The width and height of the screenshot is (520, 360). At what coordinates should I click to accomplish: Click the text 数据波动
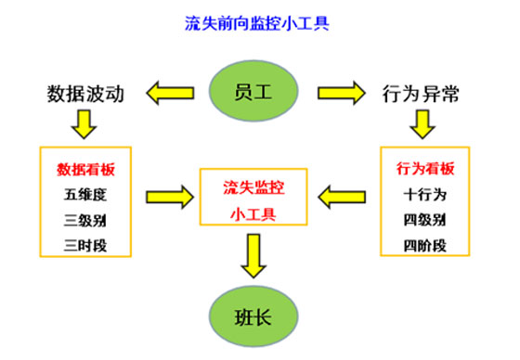click(84, 94)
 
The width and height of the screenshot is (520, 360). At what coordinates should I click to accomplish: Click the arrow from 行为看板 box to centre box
click(344, 197)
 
